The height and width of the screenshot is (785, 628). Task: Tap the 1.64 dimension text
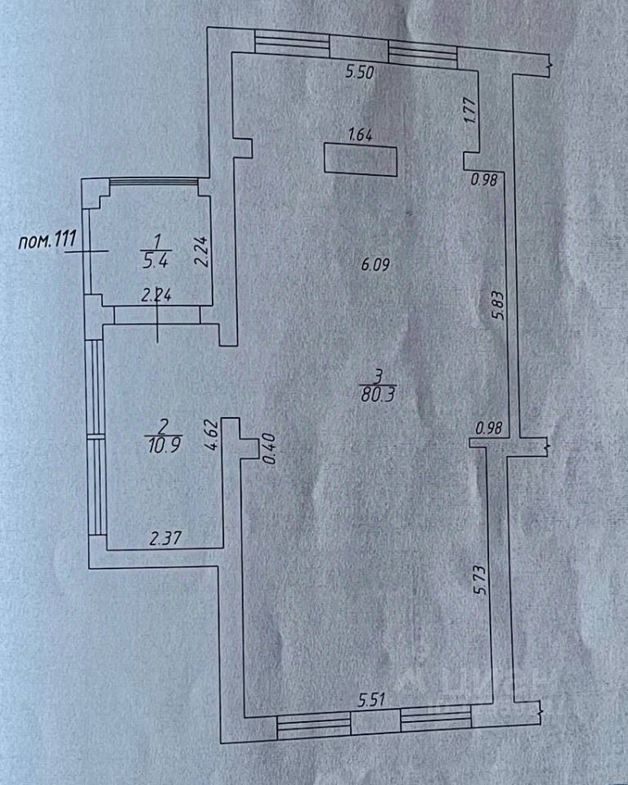pos(360,137)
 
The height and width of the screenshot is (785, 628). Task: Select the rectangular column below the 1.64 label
pos(361,159)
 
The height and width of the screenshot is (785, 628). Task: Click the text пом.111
pos(47,240)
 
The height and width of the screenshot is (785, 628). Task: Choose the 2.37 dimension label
pos(164,537)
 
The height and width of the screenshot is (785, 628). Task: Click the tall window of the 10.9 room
pos(96,437)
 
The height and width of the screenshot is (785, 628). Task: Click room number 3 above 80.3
pos(377,375)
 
